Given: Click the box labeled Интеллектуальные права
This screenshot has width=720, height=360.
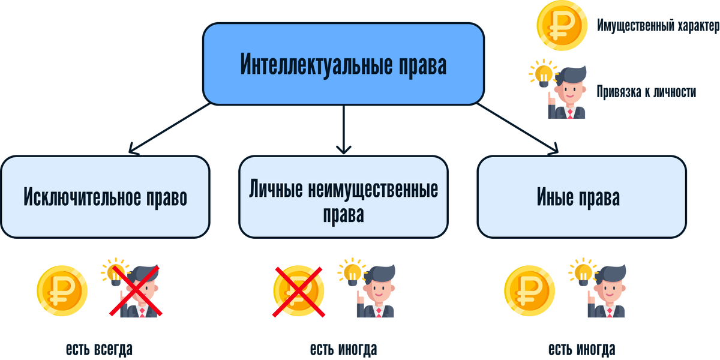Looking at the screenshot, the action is pyautogui.click(x=343, y=64).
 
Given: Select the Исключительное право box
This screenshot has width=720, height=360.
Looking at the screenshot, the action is pyautogui.click(x=106, y=197).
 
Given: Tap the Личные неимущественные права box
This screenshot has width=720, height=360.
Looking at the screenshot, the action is pyautogui.click(x=343, y=197).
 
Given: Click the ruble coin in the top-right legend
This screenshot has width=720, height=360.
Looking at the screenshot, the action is pyautogui.click(x=561, y=26).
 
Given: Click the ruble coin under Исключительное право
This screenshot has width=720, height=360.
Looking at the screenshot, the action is pyautogui.click(x=62, y=290).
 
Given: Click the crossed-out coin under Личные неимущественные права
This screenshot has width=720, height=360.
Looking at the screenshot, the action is pyautogui.click(x=298, y=291).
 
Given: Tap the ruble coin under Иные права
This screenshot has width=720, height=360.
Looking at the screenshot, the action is pyautogui.click(x=530, y=290).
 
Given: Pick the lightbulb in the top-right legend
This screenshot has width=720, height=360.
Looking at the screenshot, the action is pyautogui.click(x=541, y=73).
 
